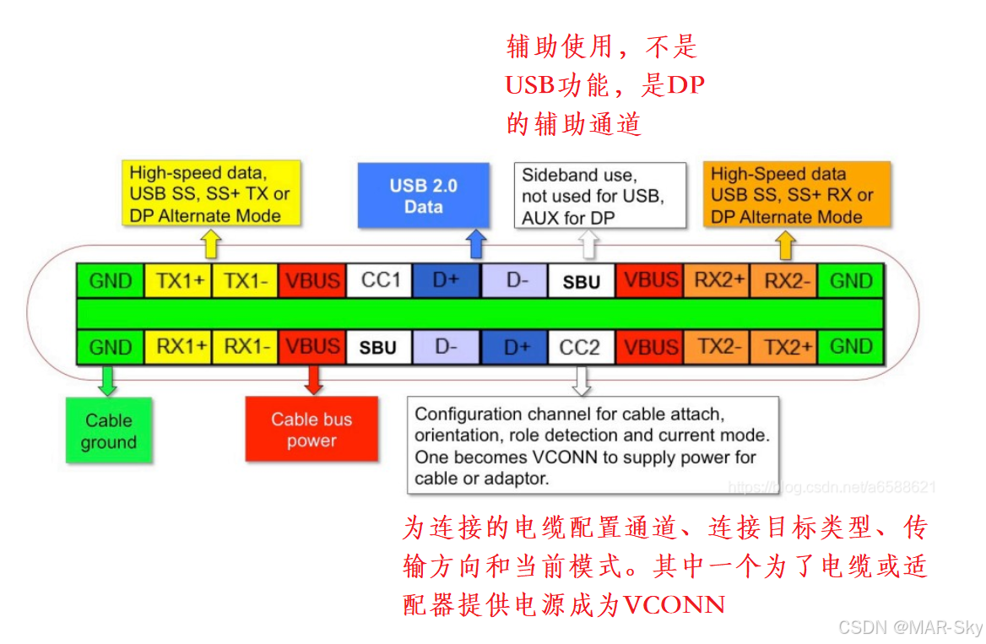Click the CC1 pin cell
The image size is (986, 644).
pyautogui.click(x=380, y=280)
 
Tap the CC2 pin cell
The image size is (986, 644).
pyautogui.click(x=581, y=347)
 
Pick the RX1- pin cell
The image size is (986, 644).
pyautogui.click(x=246, y=347)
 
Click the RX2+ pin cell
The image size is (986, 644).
pyautogui.click(x=716, y=280)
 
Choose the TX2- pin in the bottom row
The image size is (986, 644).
pyautogui.click(x=716, y=347)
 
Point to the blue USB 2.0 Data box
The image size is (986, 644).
pyautogui.click(x=423, y=196)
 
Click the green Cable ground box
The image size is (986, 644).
pyautogui.click(x=109, y=430)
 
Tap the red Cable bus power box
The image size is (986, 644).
pyautogui.click(x=312, y=430)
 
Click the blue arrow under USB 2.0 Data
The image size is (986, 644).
pyautogui.click(x=476, y=244)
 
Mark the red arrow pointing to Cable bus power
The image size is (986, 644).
pyautogui.click(x=313, y=380)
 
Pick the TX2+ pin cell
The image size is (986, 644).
pyautogui.click(x=783, y=347)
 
